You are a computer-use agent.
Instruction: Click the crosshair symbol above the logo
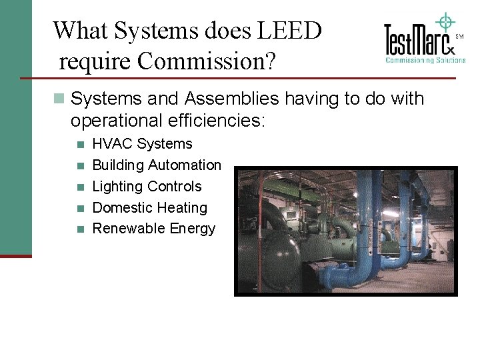(x=445, y=22)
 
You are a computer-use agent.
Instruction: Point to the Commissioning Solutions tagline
(x=425, y=60)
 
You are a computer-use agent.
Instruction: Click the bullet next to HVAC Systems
(x=80, y=144)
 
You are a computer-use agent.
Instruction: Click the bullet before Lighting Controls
(x=80, y=187)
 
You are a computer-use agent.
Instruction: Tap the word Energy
(x=193, y=229)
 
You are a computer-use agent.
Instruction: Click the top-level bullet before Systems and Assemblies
(x=59, y=99)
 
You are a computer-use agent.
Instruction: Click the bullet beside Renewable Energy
(x=80, y=229)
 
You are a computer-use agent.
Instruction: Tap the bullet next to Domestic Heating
(x=80, y=208)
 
